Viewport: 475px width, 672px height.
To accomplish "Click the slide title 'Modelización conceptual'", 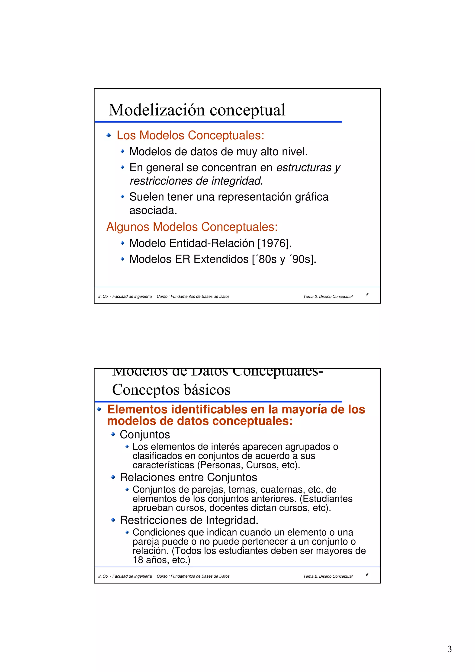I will point(197,110).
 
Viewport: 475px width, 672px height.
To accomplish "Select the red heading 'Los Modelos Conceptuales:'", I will point(190,135).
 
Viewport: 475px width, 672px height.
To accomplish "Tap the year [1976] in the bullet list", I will point(274,243).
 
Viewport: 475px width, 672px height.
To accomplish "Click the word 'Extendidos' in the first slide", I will point(221,259).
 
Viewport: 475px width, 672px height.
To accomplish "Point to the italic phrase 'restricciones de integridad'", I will point(195,181).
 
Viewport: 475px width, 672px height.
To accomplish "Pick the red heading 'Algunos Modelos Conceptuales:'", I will point(192,227).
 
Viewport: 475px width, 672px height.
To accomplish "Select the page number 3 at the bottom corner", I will point(449,649).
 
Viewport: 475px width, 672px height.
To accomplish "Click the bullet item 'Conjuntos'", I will point(145,435).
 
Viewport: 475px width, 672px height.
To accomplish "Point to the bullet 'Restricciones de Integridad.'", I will point(189,520).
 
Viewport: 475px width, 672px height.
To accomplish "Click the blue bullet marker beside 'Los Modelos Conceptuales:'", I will point(109,135).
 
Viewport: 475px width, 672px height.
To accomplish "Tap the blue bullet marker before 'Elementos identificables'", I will point(99,409).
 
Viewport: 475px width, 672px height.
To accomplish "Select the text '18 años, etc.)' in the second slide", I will point(161,560).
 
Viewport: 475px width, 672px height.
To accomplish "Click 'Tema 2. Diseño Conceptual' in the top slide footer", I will point(328,297).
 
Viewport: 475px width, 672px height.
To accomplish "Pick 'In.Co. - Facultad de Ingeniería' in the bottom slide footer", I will point(125,576).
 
